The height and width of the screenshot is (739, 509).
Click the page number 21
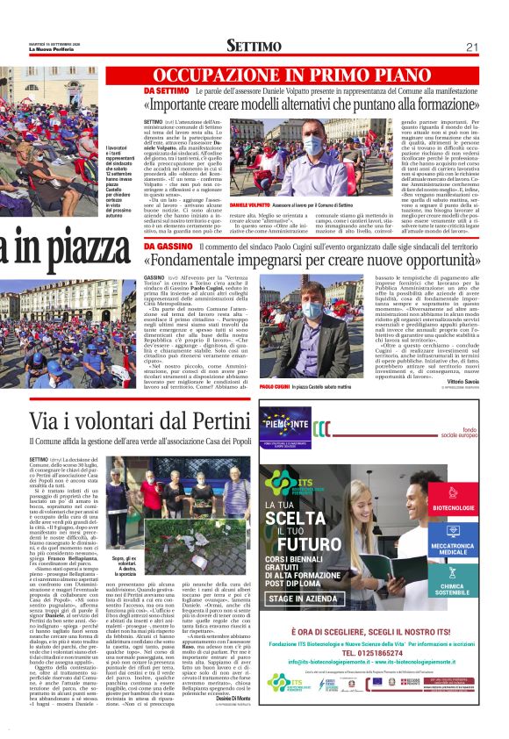[x=472, y=47]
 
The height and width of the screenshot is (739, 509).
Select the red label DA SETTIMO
[x=166, y=90]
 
